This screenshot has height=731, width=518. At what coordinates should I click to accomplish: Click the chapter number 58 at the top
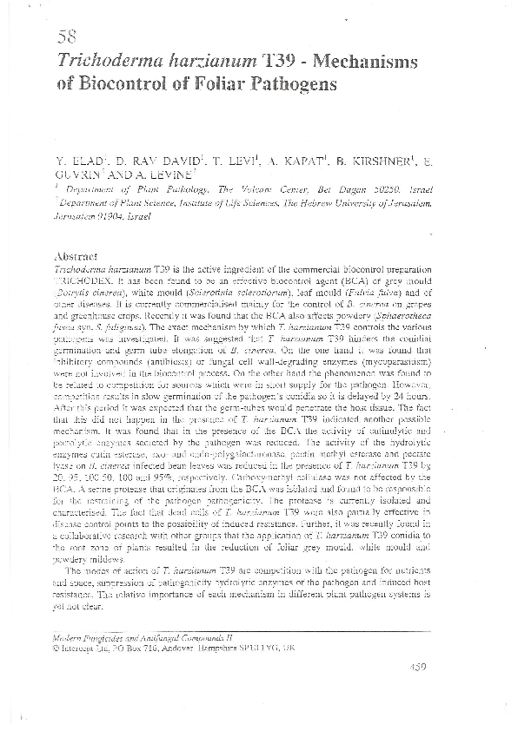coord(67,36)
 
